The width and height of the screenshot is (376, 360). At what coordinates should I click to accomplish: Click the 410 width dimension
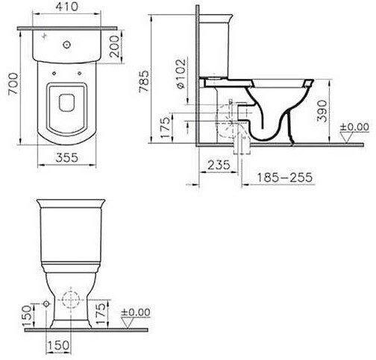click(66, 7)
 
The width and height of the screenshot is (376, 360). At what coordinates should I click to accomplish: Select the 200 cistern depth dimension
click(114, 46)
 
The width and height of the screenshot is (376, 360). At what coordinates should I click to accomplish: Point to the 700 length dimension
click(13, 83)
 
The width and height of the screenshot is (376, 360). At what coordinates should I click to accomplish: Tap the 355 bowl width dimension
click(66, 157)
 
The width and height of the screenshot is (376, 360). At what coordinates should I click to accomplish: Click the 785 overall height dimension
click(144, 81)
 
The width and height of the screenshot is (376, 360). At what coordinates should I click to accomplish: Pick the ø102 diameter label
click(181, 74)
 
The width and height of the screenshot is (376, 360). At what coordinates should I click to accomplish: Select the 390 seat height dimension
click(322, 111)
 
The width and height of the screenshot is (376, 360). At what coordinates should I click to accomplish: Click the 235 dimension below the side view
click(219, 165)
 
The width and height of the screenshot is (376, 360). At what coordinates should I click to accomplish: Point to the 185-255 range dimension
click(284, 177)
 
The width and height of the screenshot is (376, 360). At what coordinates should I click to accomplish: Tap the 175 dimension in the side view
click(165, 127)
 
